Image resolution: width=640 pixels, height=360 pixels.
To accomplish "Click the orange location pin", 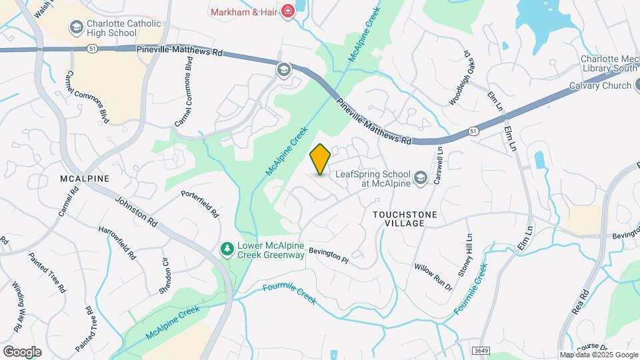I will tap(320, 159).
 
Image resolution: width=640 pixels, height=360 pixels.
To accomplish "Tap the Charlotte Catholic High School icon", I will tap(76, 27).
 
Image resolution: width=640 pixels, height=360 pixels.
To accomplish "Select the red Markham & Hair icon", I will tap(288, 11).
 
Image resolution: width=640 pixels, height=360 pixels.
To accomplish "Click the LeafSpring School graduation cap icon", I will tap(420, 177).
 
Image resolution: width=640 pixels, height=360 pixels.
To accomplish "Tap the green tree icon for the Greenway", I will tap(227, 249).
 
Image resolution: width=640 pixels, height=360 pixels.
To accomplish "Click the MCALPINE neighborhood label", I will tap(84, 179).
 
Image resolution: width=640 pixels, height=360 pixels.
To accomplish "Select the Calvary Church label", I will tap(599, 85).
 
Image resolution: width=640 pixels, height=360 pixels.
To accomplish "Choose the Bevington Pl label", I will tap(329, 254).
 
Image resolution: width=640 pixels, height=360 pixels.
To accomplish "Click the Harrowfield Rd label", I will tap(117, 243).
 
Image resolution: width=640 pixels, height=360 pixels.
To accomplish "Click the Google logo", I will tap(22, 351).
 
